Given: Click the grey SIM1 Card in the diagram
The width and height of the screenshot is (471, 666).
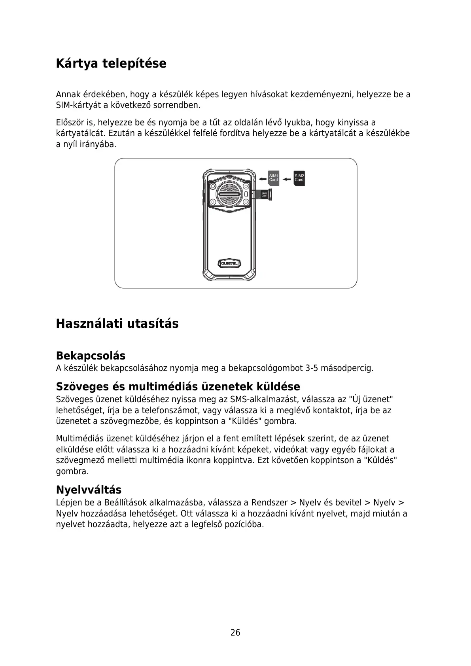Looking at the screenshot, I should coord(274,178).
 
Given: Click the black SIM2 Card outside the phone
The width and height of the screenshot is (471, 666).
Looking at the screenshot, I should coord(299,178).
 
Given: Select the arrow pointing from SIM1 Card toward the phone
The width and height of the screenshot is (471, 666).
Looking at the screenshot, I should coord(262,179).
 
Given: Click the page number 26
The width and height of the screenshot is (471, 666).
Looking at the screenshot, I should coord(235,632).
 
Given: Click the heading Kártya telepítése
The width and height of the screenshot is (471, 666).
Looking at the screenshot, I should coord(111,63).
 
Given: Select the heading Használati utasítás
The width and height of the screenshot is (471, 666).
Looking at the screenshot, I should coord(117,324).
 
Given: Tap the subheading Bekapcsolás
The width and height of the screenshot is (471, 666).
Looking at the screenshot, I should coord(91,356).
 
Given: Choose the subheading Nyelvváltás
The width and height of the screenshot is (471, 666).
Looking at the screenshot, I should coord(89,490).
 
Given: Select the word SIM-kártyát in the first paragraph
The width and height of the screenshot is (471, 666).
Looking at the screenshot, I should coord(78,106).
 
